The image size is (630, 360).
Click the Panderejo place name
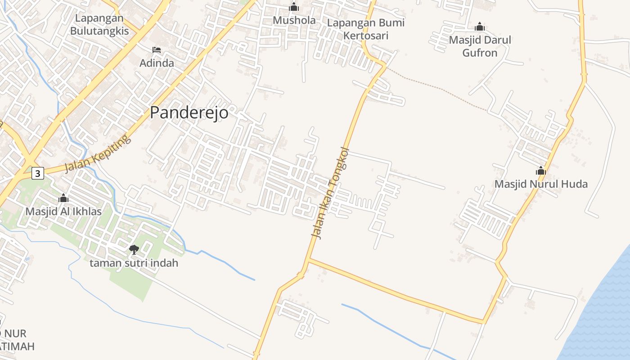pyautogui.click(x=189, y=112)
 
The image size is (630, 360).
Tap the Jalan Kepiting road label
pyautogui.click(x=98, y=154)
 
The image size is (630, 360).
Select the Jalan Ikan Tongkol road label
pyautogui.click(x=330, y=193)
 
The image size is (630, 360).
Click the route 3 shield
pyautogui.click(x=38, y=173)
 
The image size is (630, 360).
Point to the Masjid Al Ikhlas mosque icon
pyautogui.click(x=63, y=198)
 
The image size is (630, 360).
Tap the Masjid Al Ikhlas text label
pyautogui.click(x=63, y=211)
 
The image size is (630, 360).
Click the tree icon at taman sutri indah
pyautogui.click(x=134, y=249)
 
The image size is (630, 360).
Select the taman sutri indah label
pyautogui.click(x=134, y=263)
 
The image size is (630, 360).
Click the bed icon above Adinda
pyautogui.click(x=157, y=49)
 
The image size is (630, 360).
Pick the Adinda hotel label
pyautogui.click(x=157, y=63)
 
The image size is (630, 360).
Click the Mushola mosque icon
pyautogui.click(x=294, y=7)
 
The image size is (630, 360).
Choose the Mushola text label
pyautogui.click(x=294, y=20)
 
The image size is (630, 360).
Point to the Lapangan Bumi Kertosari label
pyautogui.click(x=365, y=29)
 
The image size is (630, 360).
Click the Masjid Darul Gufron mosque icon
pyautogui.click(x=480, y=27)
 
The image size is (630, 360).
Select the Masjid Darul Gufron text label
pyautogui.click(x=480, y=46)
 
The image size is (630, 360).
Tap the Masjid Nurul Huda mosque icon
pyautogui.click(x=541, y=171)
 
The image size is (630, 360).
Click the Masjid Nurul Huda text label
pyautogui.click(x=541, y=184)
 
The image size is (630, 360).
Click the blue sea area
pyautogui.click(x=603, y=315)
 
